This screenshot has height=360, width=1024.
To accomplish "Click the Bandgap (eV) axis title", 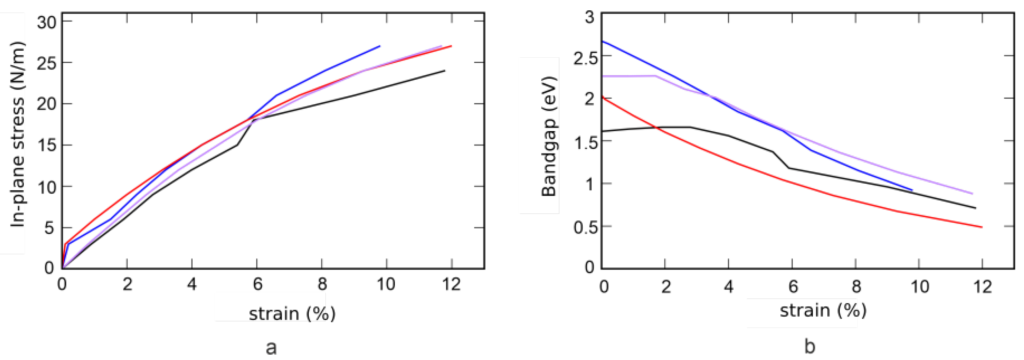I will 549,136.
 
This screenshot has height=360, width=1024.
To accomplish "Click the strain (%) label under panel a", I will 292,314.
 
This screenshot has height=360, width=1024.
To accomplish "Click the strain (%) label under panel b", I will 823,310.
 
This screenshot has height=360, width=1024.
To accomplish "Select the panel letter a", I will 271,348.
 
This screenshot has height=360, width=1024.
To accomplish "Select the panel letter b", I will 810,346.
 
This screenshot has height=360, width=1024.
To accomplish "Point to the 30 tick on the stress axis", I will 47,22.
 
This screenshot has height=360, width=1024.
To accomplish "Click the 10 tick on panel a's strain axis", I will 386,284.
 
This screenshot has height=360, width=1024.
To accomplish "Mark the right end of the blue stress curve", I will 380,46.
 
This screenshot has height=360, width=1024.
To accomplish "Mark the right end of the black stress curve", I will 445,71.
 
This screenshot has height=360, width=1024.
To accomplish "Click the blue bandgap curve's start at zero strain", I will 603,42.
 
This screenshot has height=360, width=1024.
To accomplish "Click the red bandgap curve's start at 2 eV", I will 603,97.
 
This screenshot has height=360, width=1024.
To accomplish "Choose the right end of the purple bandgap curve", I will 972,193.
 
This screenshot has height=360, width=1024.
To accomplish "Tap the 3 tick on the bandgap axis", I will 589,18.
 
